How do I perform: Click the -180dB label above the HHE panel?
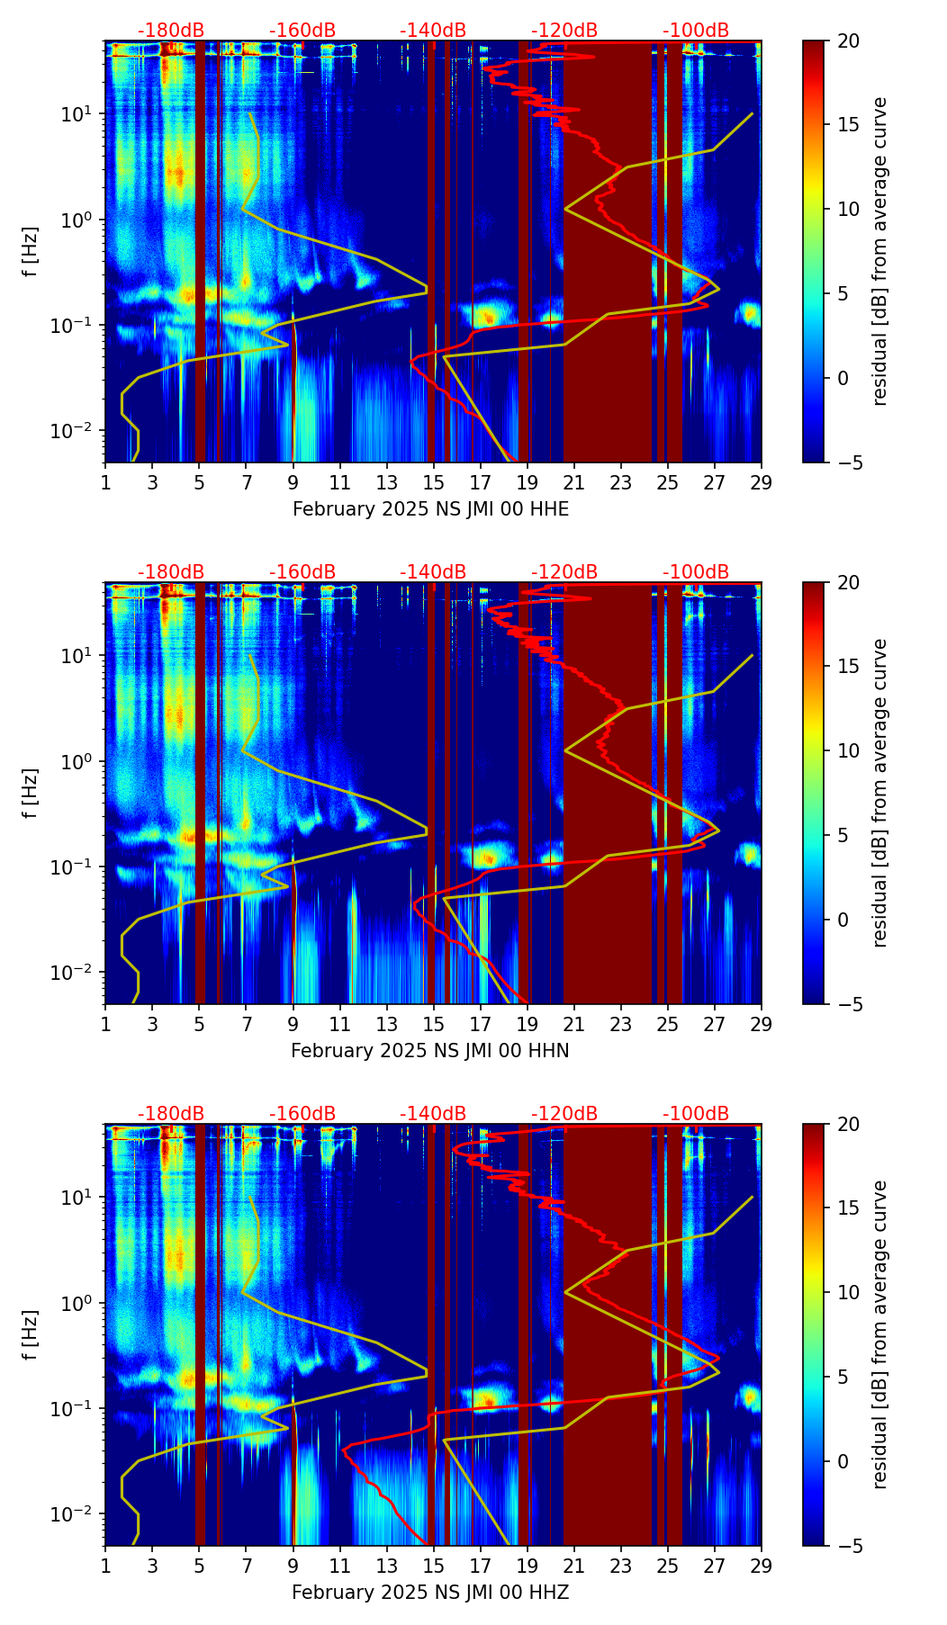click(171, 31)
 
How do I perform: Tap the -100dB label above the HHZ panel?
click(696, 1114)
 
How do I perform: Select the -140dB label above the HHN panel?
click(433, 572)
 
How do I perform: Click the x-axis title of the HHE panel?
click(430, 509)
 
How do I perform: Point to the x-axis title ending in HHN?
click(429, 1051)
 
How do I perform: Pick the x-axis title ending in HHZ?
click(430, 1593)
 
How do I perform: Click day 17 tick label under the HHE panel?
click(480, 482)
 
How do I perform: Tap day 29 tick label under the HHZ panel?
click(761, 1566)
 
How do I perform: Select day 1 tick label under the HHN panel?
click(105, 1024)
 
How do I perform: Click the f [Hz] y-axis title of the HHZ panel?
click(32, 1334)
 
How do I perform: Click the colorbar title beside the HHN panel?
click(879, 793)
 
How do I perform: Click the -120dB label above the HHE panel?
click(564, 31)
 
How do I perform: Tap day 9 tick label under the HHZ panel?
click(293, 1566)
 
